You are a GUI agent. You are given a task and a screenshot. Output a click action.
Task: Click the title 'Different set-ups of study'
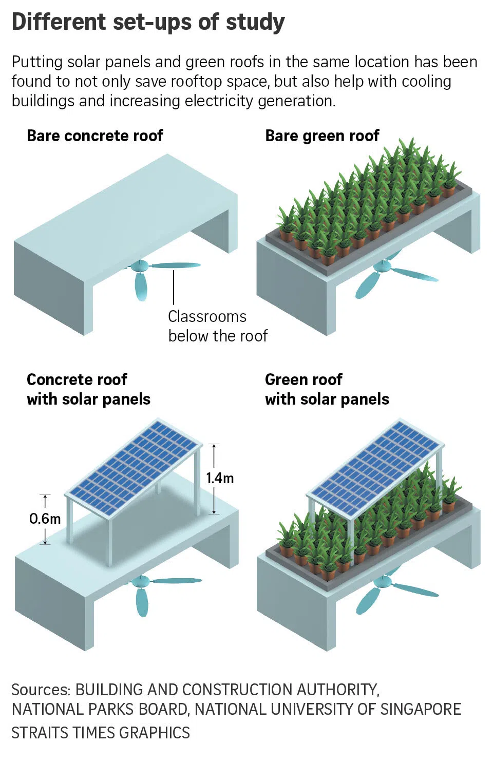[x=148, y=23]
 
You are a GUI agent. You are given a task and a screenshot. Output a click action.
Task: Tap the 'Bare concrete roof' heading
[x=95, y=136]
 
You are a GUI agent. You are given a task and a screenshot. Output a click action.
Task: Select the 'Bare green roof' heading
[x=322, y=136]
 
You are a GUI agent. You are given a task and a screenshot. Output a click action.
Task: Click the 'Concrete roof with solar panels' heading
[x=88, y=389]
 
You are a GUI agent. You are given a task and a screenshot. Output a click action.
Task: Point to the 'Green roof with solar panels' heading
[x=327, y=389]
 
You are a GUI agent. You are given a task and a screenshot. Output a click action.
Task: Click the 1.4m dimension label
[x=220, y=479]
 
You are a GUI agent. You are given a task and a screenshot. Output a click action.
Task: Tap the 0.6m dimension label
[x=45, y=519]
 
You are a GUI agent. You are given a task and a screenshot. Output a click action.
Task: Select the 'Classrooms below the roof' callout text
[x=217, y=326]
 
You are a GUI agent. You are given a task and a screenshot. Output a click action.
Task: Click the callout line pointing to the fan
[x=174, y=288]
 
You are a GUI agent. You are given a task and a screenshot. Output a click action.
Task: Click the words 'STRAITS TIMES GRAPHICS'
[x=101, y=733]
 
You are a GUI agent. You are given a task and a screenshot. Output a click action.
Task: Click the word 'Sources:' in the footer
[x=41, y=690]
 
